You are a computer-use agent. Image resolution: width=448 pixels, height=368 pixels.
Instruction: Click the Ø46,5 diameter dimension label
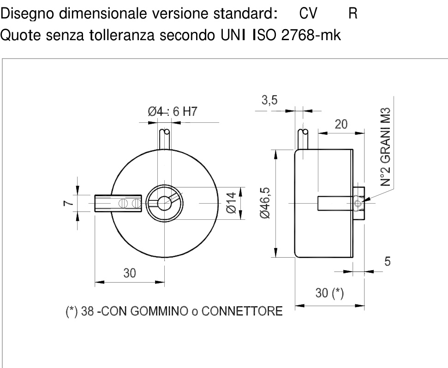pos(265,203)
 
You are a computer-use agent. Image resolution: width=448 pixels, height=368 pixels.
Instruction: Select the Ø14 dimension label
pos(232,203)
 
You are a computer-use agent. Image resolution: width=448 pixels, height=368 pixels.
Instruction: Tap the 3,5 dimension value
pos(269,100)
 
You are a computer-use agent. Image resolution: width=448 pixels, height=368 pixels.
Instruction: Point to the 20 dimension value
pos(341,124)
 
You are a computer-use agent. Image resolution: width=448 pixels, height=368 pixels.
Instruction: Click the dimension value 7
pos(68,203)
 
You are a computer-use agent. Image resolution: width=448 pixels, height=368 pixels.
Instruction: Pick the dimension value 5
pos(387,261)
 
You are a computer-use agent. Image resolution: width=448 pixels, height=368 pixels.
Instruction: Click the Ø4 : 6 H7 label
pos(173,112)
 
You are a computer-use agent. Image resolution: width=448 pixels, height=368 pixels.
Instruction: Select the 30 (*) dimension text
pos(329,293)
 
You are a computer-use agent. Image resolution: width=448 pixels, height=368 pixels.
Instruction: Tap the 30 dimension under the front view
pos(130,273)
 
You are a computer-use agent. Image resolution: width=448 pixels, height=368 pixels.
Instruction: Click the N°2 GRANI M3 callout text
pos(385,147)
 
